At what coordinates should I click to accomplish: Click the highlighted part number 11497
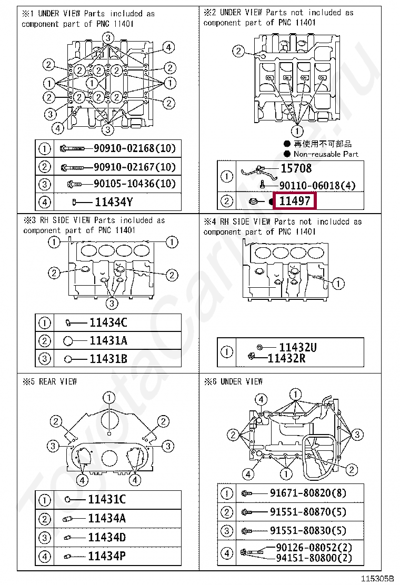click(295, 201)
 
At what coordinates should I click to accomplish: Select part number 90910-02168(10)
click(134, 148)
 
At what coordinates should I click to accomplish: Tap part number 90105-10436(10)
click(134, 184)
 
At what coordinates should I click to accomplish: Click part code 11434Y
click(114, 201)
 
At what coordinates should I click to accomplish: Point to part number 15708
click(295, 168)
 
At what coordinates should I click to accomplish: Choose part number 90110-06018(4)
click(317, 185)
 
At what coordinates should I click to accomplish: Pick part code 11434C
click(108, 323)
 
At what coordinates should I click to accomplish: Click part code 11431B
click(108, 359)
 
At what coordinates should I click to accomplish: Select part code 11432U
click(297, 347)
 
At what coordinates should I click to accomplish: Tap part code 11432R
click(287, 358)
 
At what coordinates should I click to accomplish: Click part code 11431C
click(107, 500)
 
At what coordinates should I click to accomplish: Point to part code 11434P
click(107, 556)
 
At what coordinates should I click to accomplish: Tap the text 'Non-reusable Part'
click(325, 154)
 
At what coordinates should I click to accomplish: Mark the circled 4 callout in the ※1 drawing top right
click(168, 48)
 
